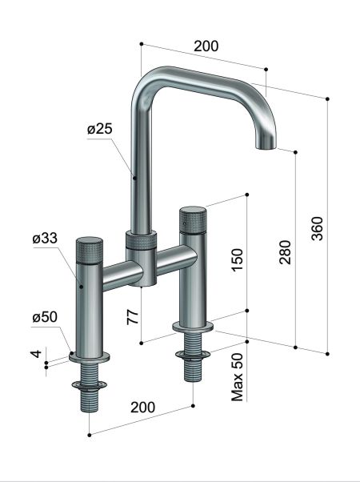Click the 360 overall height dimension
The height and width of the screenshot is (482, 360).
[x=317, y=230]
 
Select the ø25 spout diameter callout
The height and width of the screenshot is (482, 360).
[x=101, y=130]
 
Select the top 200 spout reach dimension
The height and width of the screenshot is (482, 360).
[x=206, y=46]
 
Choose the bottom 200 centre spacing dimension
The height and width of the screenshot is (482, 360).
[x=142, y=408]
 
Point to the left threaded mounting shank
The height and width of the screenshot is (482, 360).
[x=89, y=394]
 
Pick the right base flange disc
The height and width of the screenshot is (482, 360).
[x=193, y=327]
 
